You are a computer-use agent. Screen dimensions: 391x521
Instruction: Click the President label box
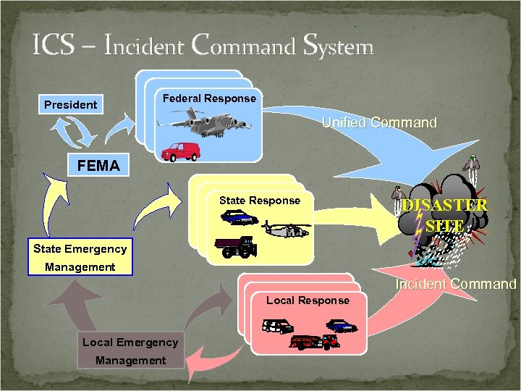[70, 105]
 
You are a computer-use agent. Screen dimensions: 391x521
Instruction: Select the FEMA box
[98, 166]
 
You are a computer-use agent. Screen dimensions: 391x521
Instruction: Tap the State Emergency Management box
[80, 258]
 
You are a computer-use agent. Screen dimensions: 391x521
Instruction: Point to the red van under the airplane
[180, 151]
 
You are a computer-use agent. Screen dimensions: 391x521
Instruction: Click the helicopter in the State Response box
[285, 230]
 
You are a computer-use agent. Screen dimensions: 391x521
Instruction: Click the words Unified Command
[379, 123]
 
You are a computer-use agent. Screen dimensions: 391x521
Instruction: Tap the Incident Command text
[455, 285]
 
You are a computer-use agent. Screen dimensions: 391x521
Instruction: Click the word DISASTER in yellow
[445, 205]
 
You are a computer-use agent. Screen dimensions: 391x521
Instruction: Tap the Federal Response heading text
[209, 98]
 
